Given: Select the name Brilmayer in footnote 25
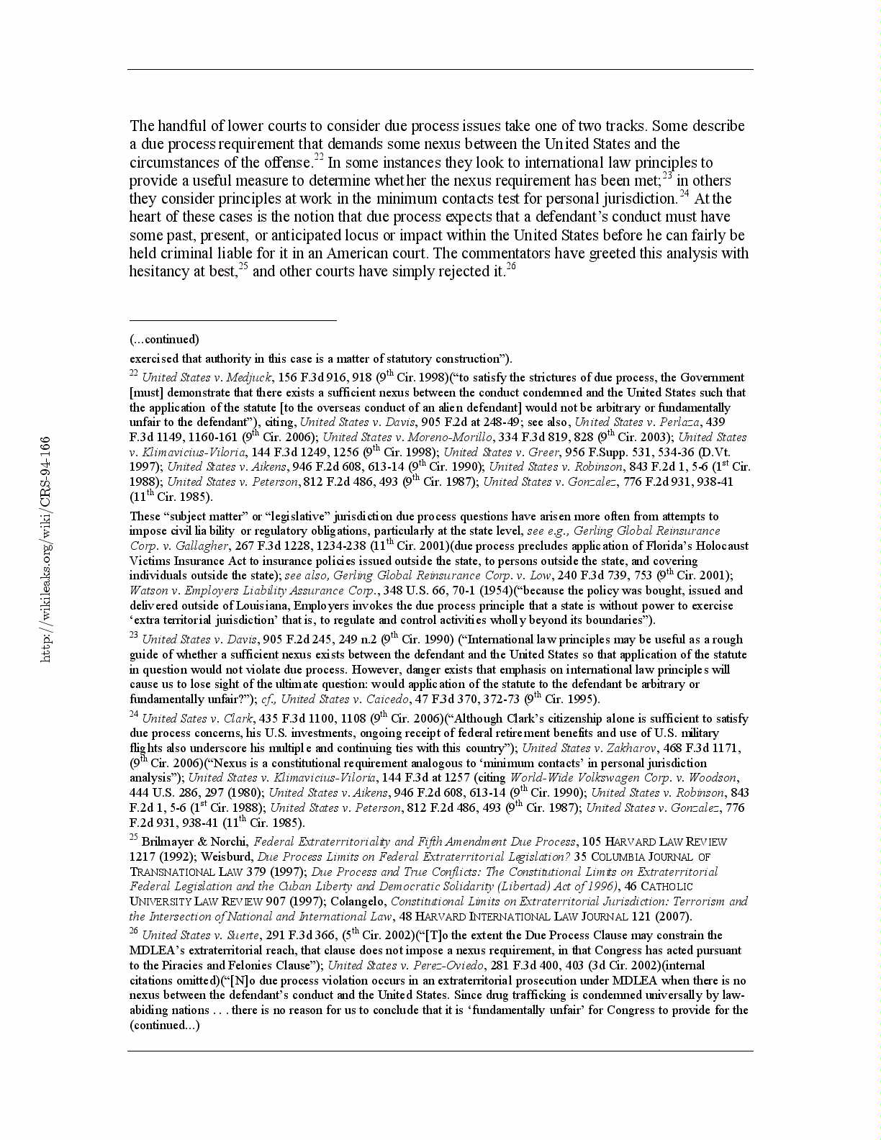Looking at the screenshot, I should pos(165,841).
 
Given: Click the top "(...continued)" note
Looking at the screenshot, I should pos(164,339).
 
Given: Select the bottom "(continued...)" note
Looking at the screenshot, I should pos(164,1025).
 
